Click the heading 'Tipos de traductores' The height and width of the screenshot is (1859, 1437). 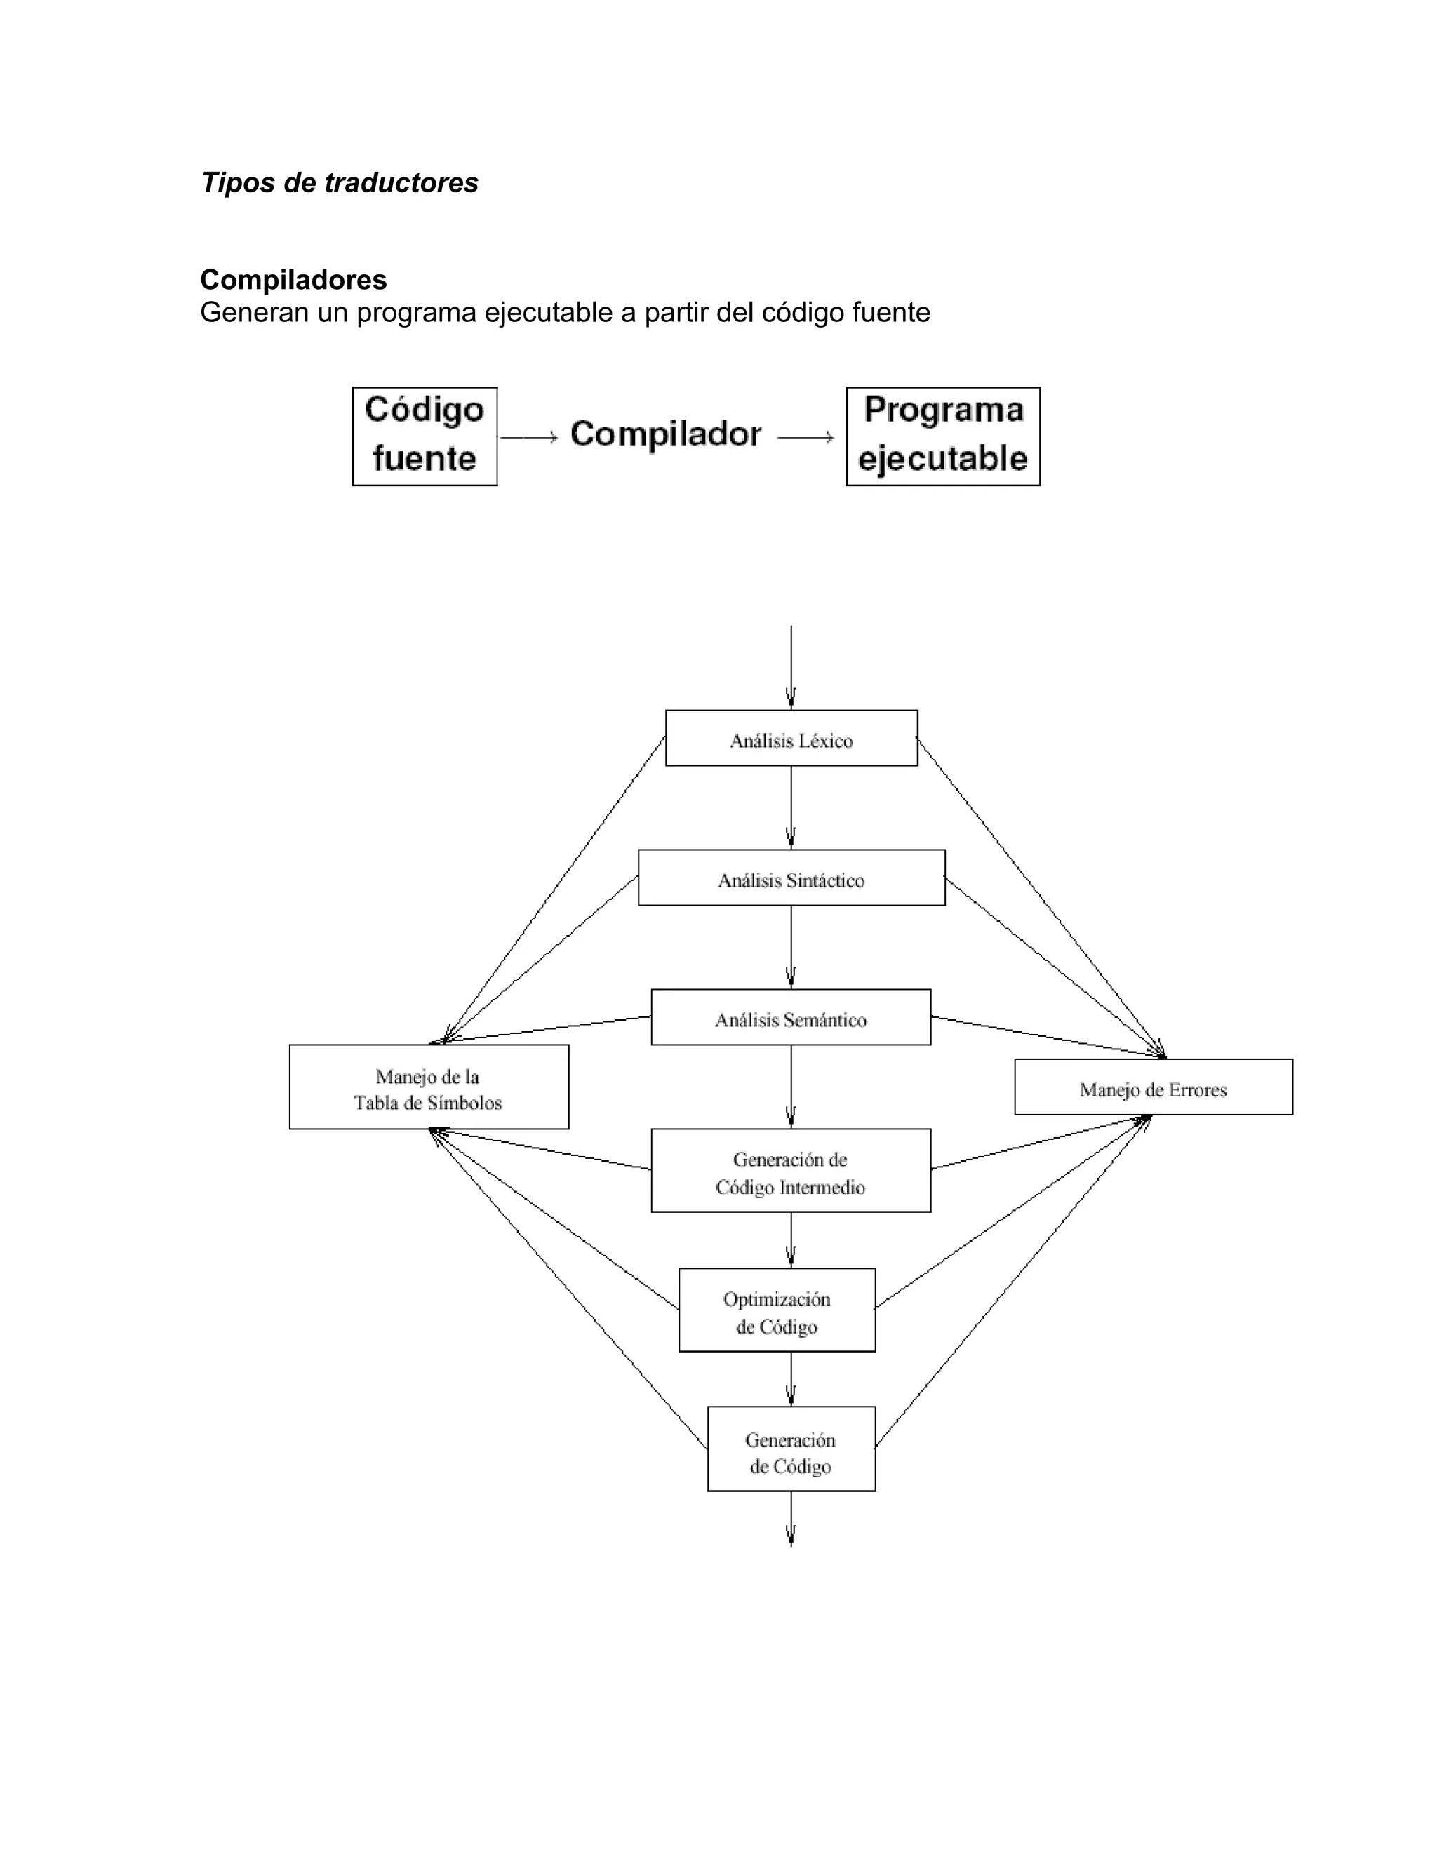click(340, 183)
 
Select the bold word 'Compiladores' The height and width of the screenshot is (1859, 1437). click(293, 280)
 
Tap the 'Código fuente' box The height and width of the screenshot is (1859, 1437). click(425, 436)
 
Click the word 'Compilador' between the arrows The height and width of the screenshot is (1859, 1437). click(666, 434)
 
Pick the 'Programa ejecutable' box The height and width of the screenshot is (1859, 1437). click(943, 436)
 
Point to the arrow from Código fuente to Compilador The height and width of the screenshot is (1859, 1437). click(528, 438)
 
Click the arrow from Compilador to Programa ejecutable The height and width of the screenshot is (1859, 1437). click(806, 438)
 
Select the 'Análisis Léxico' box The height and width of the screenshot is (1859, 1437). click(791, 739)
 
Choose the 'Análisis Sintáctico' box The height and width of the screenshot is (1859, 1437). click(791, 878)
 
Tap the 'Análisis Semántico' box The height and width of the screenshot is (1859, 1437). click(791, 1017)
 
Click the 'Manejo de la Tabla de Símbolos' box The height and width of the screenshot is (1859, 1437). click(429, 1087)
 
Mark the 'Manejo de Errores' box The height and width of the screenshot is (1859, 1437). click(1154, 1087)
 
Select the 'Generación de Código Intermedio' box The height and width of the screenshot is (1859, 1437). click(791, 1170)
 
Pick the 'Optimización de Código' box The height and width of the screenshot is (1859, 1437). click(777, 1310)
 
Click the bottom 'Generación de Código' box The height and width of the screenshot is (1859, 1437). click(791, 1449)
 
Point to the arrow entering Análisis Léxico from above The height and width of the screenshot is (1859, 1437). click(791, 668)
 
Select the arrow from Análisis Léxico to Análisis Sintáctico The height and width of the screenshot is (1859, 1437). click(791, 807)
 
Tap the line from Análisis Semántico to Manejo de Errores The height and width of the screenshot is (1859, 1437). click(1047, 1037)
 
